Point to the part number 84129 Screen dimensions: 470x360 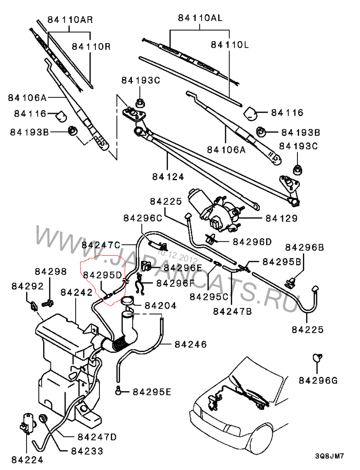(x=281, y=219)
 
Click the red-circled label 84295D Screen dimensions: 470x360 (x=103, y=275)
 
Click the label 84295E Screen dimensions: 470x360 (x=152, y=392)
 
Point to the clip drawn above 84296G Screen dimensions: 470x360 (x=318, y=359)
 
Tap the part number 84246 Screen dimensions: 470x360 (x=191, y=345)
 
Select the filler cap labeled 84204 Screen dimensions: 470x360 (x=128, y=300)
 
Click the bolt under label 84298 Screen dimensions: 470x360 (x=47, y=303)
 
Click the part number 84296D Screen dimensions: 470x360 (x=252, y=241)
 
